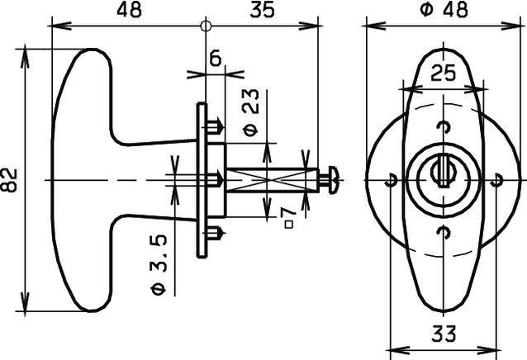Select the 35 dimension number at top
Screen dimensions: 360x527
[261, 10]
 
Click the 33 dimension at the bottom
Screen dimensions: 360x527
[445, 334]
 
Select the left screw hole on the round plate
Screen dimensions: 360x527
[392, 180]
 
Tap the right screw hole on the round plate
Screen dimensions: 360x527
[496, 180]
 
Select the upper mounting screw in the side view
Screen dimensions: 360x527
[215, 126]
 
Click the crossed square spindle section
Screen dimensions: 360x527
[272, 179]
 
